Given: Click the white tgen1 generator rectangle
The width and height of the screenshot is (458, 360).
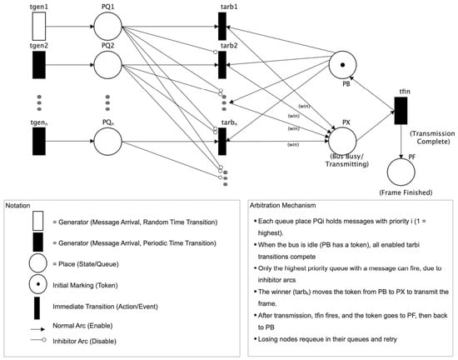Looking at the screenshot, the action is (39, 27).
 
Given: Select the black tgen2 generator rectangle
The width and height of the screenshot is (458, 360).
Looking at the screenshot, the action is (39, 65).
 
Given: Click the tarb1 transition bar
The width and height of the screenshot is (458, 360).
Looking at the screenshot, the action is (222, 27).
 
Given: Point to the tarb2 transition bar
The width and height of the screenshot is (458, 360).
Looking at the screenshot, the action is (222, 65).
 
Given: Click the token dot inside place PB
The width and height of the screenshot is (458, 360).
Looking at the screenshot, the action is (342, 65).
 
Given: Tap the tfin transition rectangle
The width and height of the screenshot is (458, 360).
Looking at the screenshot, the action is (401, 111).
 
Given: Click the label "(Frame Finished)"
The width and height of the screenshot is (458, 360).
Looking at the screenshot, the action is (406, 192).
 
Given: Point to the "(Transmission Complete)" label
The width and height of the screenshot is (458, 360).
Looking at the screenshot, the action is (433, 137).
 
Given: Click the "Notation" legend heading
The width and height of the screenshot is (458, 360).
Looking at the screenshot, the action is (17, 206).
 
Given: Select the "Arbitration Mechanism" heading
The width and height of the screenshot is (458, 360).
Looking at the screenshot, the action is (283, 206).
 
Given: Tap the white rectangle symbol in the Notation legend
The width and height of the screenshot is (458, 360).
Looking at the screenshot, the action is (38, 221).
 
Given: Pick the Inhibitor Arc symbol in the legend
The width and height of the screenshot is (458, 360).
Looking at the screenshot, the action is (38, 340).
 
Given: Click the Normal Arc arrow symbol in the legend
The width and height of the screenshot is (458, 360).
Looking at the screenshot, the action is (38, 329).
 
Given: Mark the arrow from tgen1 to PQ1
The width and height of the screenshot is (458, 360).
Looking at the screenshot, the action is (70, 27).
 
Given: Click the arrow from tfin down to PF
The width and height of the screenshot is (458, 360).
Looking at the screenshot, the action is (401, 142).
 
